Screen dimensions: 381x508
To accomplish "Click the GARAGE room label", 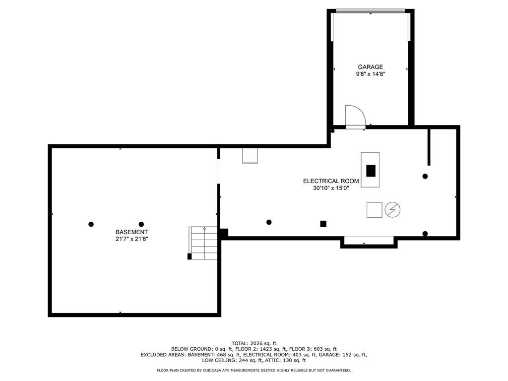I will coord(371,67).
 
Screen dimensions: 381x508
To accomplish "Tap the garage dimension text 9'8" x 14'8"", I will coord(371,74).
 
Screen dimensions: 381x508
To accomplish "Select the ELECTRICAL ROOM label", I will coord(331,182).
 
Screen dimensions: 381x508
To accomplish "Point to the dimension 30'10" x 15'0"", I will coord(331,189).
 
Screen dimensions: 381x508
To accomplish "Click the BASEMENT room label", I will coord(131,232).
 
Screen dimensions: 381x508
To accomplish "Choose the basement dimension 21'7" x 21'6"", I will coord(131,239).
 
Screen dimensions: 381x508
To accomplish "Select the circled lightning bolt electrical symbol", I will coord(392,210).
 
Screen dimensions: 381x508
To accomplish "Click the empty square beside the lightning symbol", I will coord(375,210).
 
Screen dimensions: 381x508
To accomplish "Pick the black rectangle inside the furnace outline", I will coord(371,171).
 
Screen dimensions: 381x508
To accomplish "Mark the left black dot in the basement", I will coord(91,224).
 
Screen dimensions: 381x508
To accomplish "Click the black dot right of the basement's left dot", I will coord(141,224).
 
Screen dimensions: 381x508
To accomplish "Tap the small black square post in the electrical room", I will coord(323,224).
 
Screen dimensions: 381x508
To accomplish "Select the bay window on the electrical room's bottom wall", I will coord(369,242).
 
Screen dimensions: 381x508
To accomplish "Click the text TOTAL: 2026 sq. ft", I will coord(254,343).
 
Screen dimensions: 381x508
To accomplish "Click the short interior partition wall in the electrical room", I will coord(429,147).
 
